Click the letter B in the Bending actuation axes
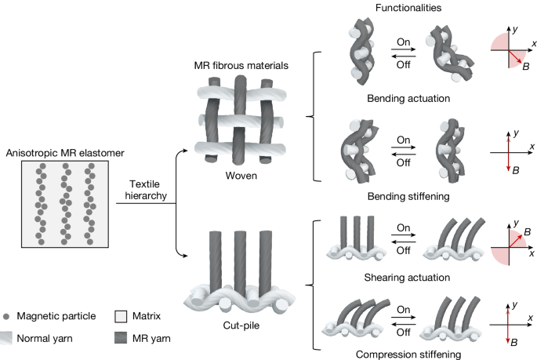pos(526,68)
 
